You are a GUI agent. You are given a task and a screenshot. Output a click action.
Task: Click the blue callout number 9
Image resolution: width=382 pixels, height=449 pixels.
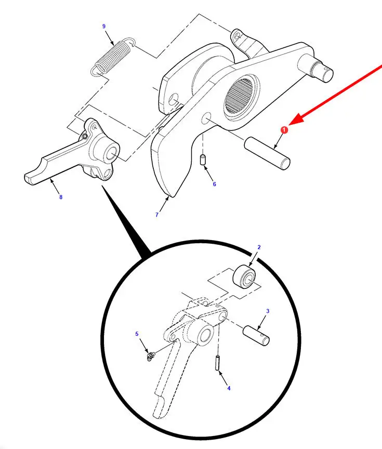103,27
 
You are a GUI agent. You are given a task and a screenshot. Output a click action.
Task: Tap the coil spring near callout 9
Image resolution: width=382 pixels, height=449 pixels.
113,57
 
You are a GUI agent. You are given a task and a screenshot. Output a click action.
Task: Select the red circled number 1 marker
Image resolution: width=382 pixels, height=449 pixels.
284,130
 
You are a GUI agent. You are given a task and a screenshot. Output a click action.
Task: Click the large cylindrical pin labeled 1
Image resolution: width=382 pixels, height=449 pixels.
267,153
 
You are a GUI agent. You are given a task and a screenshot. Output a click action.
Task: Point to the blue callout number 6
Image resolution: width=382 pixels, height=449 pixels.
215,184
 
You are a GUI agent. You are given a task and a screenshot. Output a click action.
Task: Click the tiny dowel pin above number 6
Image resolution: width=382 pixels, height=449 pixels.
203,160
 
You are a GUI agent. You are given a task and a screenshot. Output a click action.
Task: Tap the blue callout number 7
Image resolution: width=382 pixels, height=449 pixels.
157,215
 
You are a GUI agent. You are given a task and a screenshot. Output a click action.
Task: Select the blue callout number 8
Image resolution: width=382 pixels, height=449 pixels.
61,197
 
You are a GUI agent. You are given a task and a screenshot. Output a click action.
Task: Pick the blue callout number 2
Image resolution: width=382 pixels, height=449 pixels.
259,247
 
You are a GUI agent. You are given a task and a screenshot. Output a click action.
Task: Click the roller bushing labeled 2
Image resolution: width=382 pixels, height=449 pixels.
244,277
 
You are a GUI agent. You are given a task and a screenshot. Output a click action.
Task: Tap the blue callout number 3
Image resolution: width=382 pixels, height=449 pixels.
268,311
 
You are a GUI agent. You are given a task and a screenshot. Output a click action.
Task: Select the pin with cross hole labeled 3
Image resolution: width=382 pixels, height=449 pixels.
256,335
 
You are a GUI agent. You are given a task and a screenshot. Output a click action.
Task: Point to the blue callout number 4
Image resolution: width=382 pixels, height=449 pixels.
229,388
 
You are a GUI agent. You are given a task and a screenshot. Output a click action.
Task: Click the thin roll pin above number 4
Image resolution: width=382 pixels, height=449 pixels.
217,363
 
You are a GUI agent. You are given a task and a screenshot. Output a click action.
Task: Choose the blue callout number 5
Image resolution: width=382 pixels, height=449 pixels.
137,334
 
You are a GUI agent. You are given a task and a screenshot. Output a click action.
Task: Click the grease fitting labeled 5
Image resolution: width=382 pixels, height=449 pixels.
150,356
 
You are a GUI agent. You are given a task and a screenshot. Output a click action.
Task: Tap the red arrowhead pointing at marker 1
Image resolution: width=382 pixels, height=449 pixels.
296,120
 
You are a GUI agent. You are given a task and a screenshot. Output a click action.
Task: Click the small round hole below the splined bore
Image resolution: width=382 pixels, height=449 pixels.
206,118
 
